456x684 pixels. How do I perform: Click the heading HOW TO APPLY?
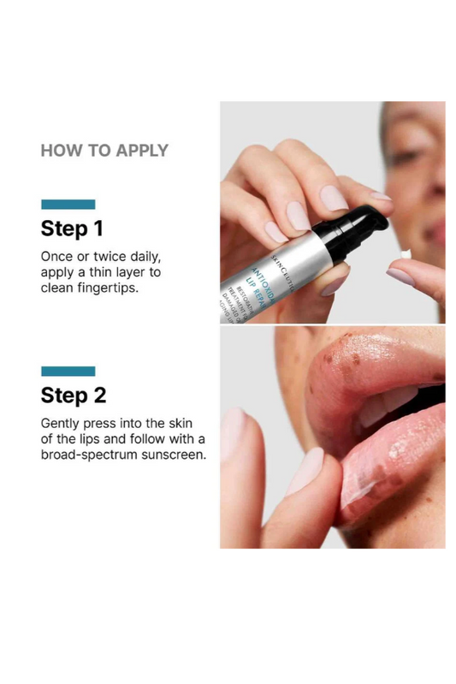[x=104, y=151]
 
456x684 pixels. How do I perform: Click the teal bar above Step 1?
[x=68, y=205]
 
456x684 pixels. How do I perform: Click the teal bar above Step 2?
[x=68, y=371]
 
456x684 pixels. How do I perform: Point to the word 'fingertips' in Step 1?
[x=115, y=288]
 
